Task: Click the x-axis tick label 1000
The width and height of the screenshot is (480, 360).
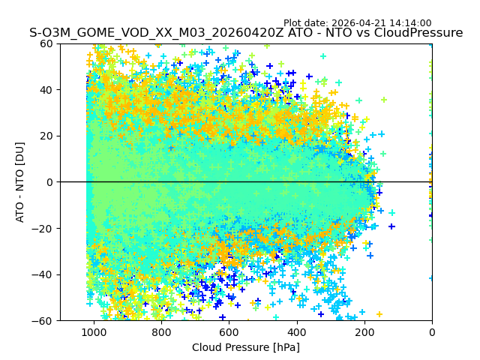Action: [94, 332]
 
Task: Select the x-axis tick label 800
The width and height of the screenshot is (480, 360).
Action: [161, 332]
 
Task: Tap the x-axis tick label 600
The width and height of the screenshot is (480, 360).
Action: [229, 332]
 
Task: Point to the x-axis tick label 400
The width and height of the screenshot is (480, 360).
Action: [296, 332]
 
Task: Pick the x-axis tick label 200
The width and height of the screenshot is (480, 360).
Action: [364, 332]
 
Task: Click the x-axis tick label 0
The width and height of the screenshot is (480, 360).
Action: [431, 332]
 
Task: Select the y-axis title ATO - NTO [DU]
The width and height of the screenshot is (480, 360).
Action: [21, 182]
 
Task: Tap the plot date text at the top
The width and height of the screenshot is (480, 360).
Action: [357, 23]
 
